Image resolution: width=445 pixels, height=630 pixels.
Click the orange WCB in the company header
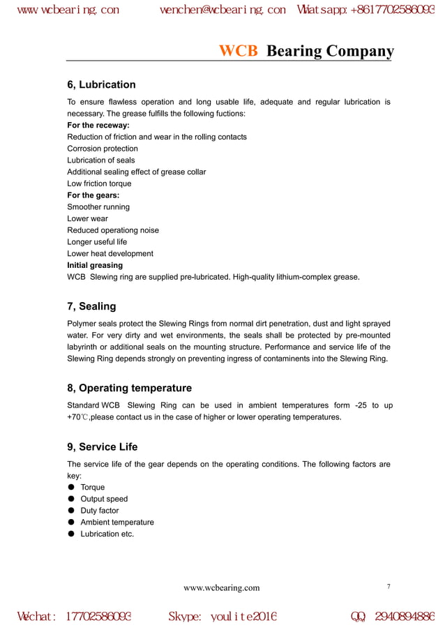pos(239,52)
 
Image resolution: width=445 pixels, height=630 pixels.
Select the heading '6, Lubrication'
pos(101,85)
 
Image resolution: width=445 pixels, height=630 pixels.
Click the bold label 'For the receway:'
pos(98,126)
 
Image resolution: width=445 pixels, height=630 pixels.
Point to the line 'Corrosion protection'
pos(103,149)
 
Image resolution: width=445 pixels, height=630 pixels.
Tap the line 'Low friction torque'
pos(99,183)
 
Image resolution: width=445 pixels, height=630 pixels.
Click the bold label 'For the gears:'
pos(93,195)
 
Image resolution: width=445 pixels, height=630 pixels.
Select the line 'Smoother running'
pos(98,207)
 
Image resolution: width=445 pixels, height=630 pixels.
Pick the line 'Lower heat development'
pos(110,254)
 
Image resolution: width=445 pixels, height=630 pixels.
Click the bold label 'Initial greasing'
pos(95,265)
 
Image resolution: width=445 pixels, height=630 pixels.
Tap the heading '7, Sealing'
pos(91,306)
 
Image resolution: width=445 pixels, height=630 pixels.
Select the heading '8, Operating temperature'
pos(129,388)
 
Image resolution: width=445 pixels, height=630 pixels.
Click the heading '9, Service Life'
pos(102,447)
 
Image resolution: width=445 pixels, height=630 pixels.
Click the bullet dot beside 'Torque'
pos(71,488)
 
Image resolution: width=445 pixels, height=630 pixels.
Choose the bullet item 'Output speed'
pos(104,499)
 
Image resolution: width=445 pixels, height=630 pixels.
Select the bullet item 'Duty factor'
pos(100,511)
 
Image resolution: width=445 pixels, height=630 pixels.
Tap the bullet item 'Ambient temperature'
pos(117,522)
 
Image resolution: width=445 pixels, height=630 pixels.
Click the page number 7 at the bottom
pos(389,586)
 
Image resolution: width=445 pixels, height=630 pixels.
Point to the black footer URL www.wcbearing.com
pos(221,588)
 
